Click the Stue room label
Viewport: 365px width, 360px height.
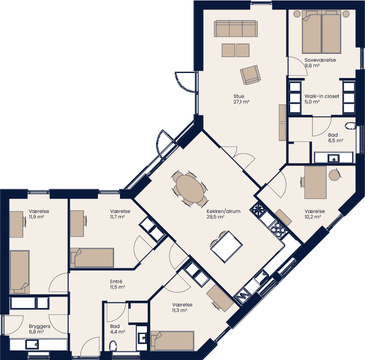click(x=239, y=96)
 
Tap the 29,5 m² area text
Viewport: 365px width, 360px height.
click(x=215, y=217)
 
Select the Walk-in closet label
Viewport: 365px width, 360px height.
click(x=322, y=96)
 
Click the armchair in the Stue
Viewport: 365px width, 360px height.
click(x=250, y=74)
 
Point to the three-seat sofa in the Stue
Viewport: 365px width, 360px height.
click(x=235, y=28)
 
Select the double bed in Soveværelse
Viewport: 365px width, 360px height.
click(x=322, y=33)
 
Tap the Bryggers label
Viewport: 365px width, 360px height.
click(x=40, y=327)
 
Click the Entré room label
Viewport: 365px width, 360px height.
click(x=116, y=282)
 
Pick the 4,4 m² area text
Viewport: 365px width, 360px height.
click(x=117, y=332)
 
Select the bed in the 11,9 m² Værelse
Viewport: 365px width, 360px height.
click(x=20, y=272)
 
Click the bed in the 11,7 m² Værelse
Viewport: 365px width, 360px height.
click(x=93, y=257)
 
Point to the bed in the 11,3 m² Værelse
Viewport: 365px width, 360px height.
click(x=173, y=340)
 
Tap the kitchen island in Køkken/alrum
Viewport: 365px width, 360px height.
click(x=226, y=246)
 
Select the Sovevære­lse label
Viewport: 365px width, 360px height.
click(x=320, y=60)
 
